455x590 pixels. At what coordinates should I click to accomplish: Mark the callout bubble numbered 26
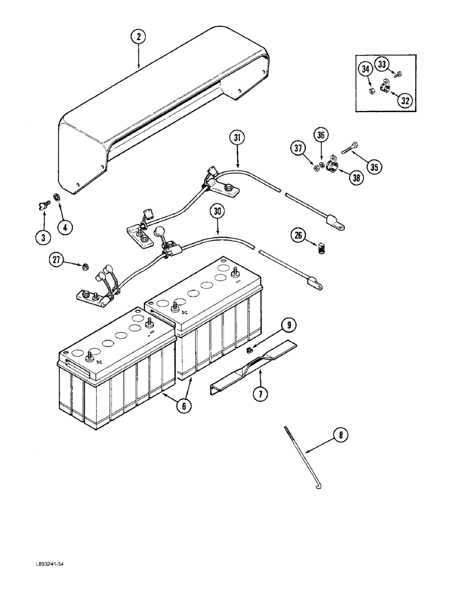298,236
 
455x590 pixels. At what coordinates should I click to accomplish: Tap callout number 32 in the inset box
404,100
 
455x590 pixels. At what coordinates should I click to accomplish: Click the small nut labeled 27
85,266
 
